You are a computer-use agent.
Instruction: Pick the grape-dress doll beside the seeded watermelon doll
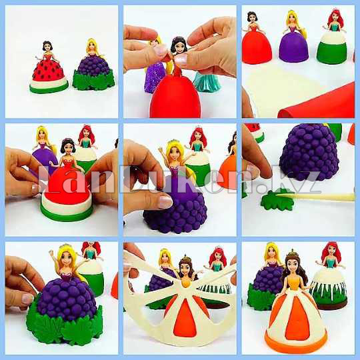(93, 67)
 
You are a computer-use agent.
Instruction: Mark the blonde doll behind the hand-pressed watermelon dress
(43, 143)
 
